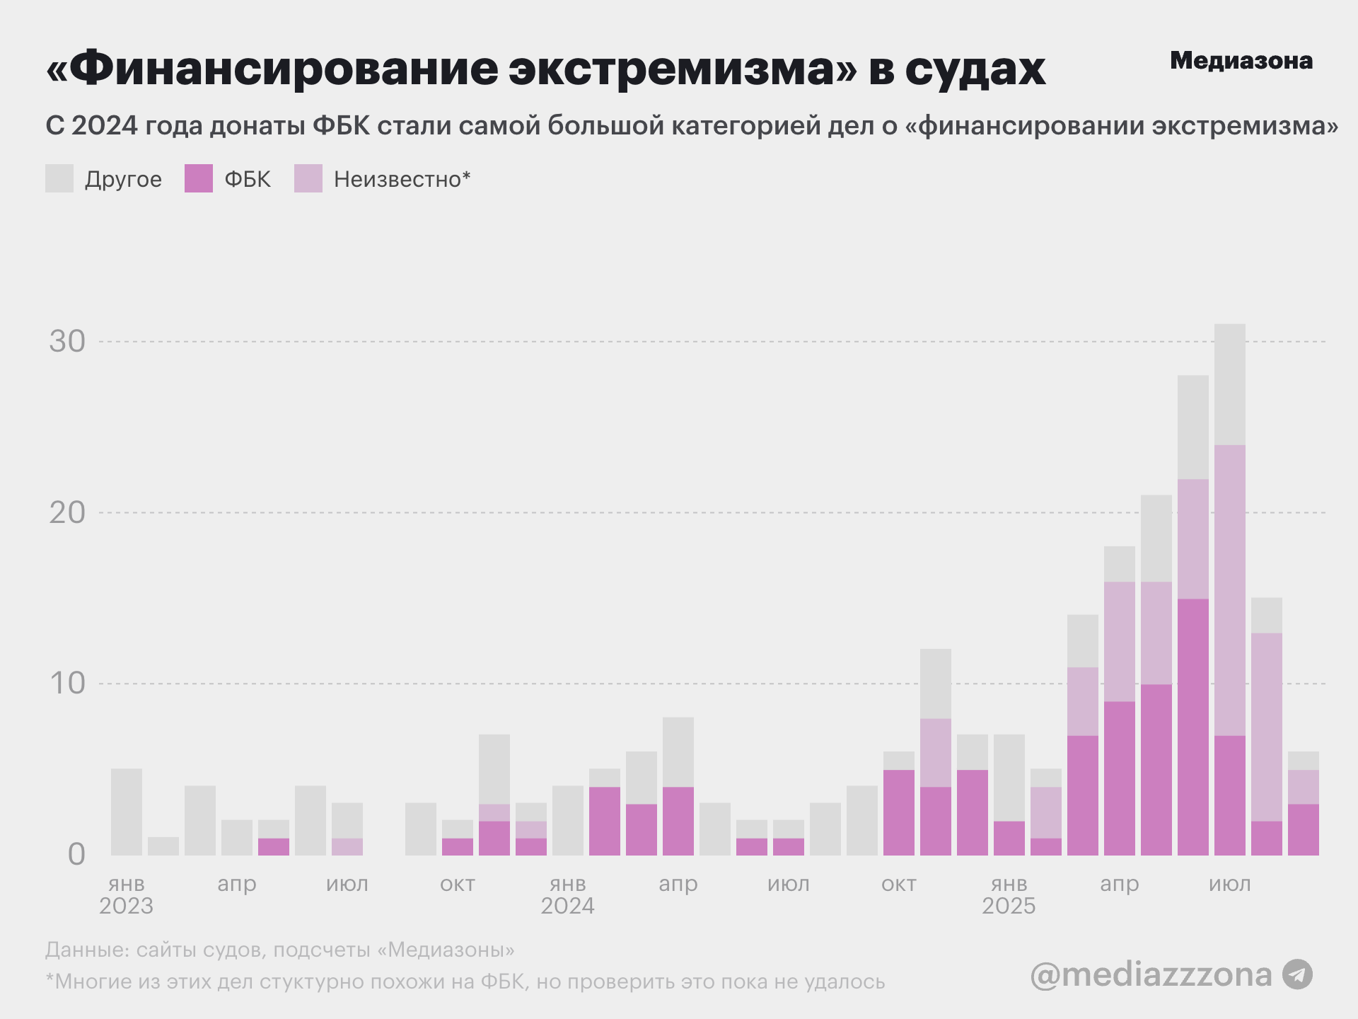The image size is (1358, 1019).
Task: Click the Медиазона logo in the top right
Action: (1241, 61)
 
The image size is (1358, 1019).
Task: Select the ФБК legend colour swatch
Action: (199, 178)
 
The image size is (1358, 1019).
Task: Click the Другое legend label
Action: (123, 179)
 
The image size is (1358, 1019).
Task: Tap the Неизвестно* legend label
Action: (402, 179)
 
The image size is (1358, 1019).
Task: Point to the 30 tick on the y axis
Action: (67, 342)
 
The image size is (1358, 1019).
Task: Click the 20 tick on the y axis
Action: (67, 513)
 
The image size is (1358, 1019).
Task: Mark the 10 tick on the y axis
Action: (67, 684)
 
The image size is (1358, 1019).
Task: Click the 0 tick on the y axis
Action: (76, 855)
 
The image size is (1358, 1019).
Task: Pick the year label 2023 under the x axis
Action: (126, 906)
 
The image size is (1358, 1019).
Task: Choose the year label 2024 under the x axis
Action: (567, 906)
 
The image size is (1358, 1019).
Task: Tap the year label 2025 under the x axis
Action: (1009, 906)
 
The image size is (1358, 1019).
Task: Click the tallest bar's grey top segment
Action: (1230, 384)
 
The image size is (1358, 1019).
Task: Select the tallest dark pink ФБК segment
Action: (1193, 727)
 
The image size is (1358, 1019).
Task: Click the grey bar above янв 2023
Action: (127, 812)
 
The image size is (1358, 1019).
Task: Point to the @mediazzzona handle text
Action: (1151, 974)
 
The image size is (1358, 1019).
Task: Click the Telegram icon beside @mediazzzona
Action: (1298, 974)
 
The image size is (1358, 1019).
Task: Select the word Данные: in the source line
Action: (87, 950)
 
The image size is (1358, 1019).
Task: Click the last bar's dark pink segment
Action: (1304, 829)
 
